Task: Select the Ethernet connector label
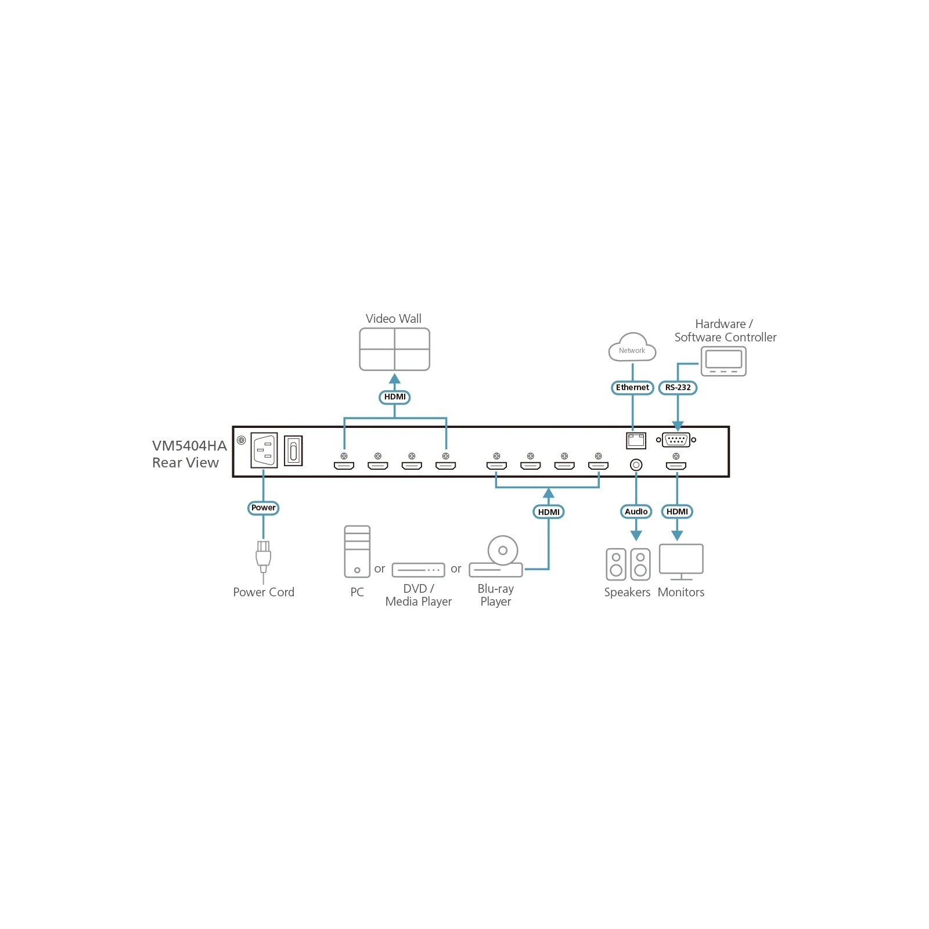pos(632,387)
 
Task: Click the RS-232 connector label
pos(678,387)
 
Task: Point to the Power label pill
pos(264,507)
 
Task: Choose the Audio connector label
pos(636,512)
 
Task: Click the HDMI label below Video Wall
pos(395,397)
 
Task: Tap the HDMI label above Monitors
pos(677,512)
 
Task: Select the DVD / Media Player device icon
pos(418,570)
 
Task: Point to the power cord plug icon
pos(263,558)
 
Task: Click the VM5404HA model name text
pos(189,446)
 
